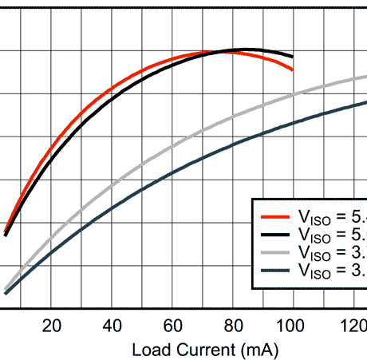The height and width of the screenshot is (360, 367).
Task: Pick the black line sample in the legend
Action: (x=274, y=234)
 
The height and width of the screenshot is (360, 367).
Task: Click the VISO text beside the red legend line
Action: (x=313, y=217)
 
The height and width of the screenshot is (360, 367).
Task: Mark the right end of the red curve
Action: (x=293, y=70)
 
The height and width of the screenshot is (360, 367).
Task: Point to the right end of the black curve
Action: (x=293, y=57)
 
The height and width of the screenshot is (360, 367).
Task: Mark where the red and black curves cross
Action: (x=226, y=52)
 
